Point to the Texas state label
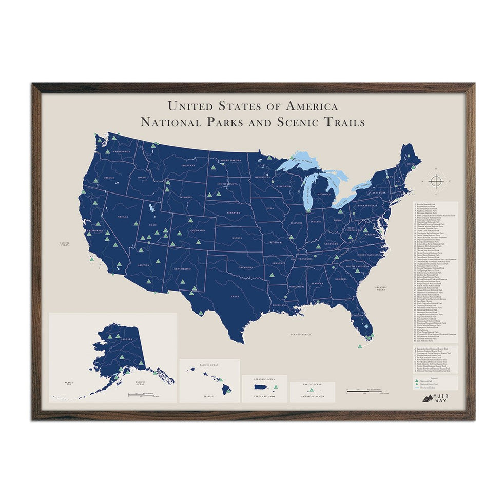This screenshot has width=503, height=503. click(235, 296)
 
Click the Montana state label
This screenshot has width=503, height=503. click(188, 165)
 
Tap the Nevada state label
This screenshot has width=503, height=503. click(124, 217)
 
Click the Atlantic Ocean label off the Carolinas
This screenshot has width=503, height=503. click(380, 288)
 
